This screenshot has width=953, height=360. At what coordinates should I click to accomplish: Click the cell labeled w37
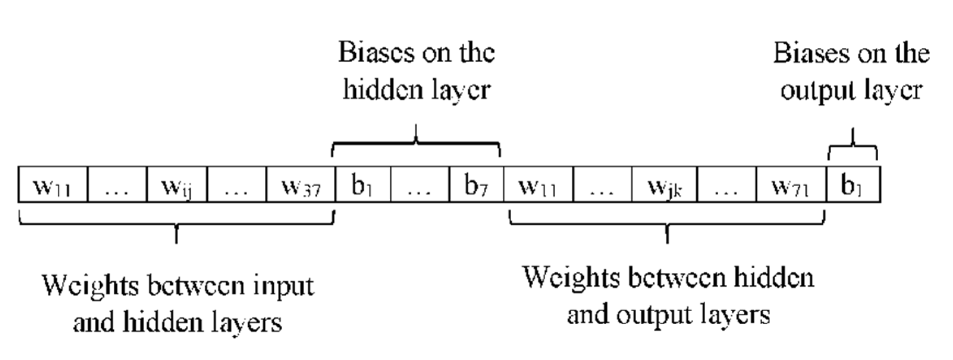coord(301,185)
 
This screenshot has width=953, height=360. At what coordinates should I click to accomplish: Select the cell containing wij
coord(177,185)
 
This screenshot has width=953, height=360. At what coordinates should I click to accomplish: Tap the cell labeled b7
coord(476,185)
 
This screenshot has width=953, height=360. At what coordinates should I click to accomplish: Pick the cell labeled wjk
coord(664,185)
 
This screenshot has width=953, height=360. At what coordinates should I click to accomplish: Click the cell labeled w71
coord(791,185)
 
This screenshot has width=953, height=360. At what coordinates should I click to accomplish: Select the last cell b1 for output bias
coord(853,185)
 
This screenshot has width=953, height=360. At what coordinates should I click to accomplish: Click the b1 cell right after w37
coord(363,185)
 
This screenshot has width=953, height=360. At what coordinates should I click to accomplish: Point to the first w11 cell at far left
coord(52,185)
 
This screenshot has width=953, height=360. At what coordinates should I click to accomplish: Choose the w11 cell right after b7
coord(538,185)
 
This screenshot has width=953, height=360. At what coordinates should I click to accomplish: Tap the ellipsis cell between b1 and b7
coord(419,185)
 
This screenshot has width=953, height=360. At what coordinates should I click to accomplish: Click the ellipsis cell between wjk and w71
coord(726,185)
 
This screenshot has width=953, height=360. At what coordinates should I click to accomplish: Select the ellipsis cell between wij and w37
coord(237,185)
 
